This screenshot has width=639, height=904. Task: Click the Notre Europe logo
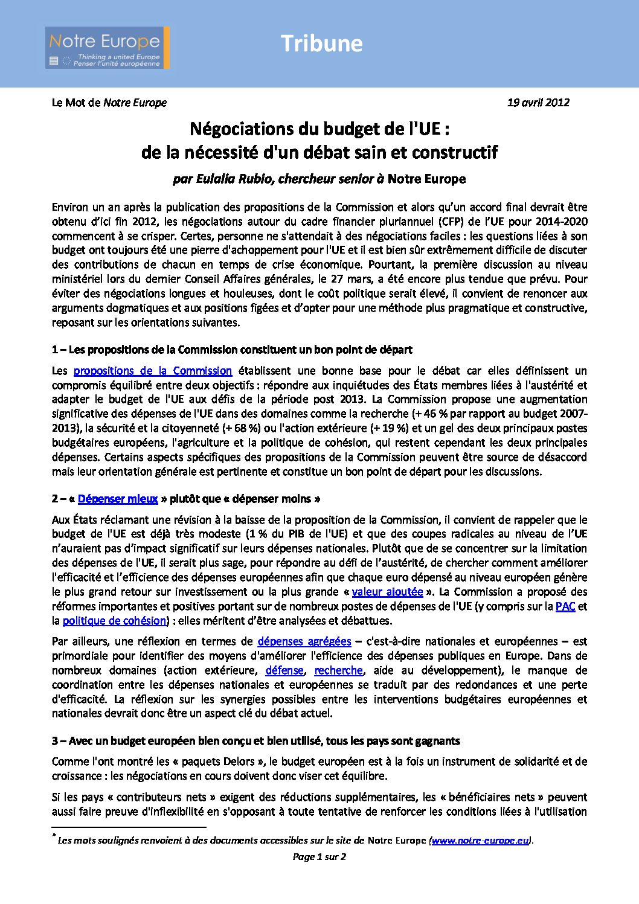(x=107, y=47)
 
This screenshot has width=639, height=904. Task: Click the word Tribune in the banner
(x=321, y=43)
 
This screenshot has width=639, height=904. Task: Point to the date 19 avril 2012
(x=538, y=103)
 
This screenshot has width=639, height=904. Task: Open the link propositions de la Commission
(x=152, y=371)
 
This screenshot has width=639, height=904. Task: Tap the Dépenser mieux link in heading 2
(x=118, y=499)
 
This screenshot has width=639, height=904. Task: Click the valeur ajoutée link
(x=387, y=592)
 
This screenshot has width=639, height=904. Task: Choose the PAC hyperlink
(x=565, y=606)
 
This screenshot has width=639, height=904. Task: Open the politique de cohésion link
(x=114, y=621)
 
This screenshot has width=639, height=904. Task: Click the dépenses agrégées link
(x=304, y=641)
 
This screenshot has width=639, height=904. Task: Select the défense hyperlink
(x=284, y=670)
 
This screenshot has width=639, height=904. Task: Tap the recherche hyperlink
(x=338, y=670)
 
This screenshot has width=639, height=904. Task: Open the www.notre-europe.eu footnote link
(x=480, y=841)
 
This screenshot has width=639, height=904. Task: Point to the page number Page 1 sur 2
(x=319, y=857)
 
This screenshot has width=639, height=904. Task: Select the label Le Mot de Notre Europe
(x=109, y=103)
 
